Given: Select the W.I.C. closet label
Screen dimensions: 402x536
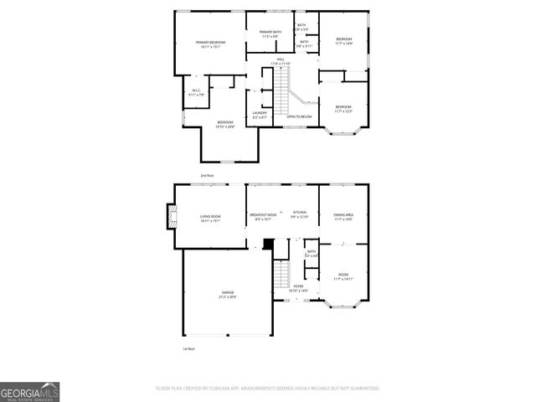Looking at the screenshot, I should pos(195,92).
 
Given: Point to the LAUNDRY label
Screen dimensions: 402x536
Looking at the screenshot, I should pos(260,115).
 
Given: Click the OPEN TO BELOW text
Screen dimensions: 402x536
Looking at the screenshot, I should pos(299,116).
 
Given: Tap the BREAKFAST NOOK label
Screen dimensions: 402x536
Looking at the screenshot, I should pos(263,215).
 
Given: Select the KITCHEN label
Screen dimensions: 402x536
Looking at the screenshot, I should pos(299,215).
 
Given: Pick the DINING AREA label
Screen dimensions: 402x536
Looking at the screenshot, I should pos(343,215).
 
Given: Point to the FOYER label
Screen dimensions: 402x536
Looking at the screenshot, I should pos(298,288).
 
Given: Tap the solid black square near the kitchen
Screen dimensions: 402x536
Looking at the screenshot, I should pos(268,245).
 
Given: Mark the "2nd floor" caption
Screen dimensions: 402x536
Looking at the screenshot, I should pos(207,175).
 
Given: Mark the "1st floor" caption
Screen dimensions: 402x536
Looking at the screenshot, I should pos(189,348).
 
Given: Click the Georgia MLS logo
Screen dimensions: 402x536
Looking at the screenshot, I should pos(29,391).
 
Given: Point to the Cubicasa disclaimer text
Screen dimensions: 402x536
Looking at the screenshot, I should pos(267,388).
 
